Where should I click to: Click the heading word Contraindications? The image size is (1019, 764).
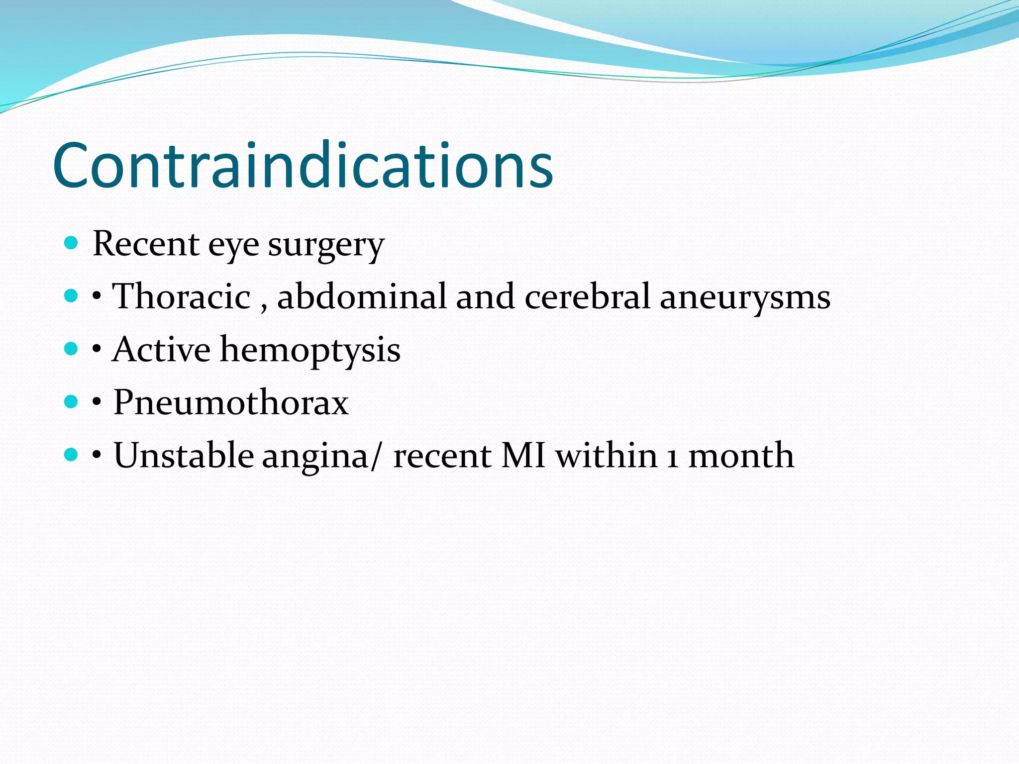tap(303, 166)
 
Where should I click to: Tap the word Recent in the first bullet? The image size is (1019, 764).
tap(146, 244)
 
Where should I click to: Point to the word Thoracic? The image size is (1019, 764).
tap(182, 296)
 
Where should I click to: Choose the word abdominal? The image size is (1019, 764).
tap(361, 296)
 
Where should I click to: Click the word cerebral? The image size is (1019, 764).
tap(587, 296)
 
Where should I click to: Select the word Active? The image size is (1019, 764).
tap(161, 349)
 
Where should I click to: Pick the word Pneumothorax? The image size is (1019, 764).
tap(231, 402)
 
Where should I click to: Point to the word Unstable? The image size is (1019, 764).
tap(184, 455)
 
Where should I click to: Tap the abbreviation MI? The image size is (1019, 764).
tap(523, 455)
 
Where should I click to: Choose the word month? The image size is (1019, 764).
tap(741, 455)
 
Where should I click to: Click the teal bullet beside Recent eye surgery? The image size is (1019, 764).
tap(72, 243)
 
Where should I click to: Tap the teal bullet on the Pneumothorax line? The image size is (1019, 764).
tap(72, 401)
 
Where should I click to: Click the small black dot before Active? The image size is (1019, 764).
tap(97, 349)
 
